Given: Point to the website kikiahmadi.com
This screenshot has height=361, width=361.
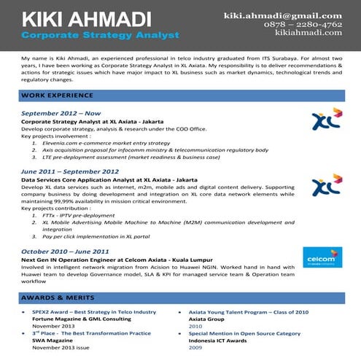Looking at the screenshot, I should pyautogui.click(x=308, y=32).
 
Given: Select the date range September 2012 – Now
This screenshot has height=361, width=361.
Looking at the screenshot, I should pyautogui.click(x=61, y=114).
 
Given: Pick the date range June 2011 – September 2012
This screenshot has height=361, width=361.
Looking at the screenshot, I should pyautogui.click(x=70, y=171).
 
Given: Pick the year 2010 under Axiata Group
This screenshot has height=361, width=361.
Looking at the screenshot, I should pyautogui.click(x=195, y=326).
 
